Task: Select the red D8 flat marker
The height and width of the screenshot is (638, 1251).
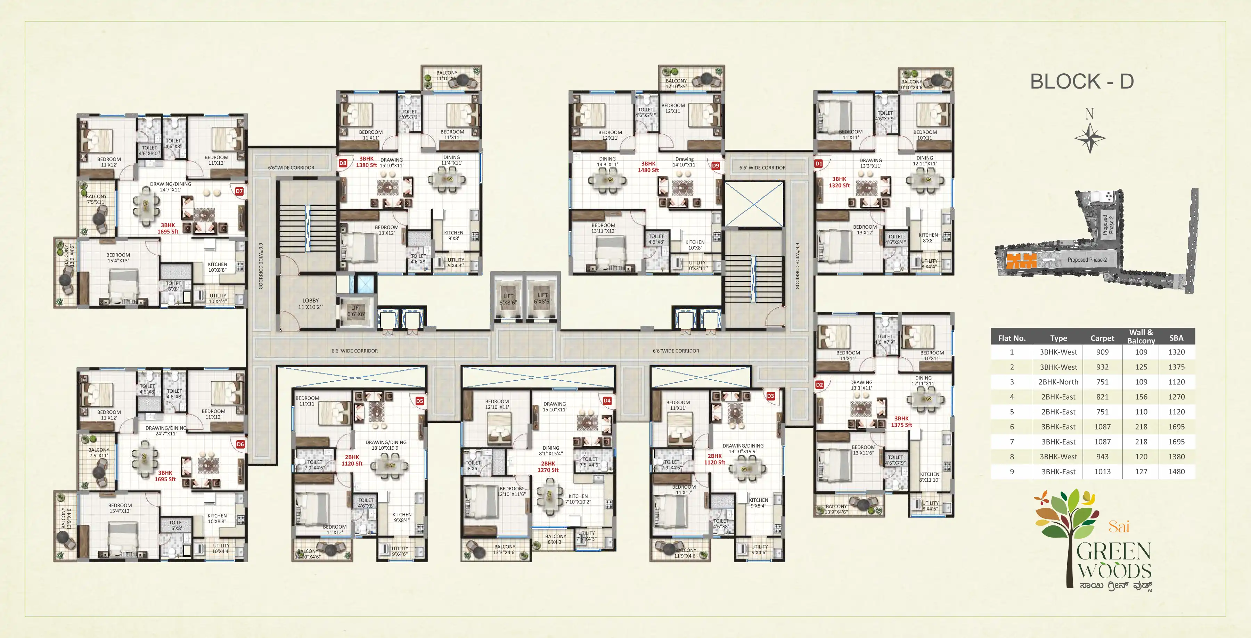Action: click(343, 163)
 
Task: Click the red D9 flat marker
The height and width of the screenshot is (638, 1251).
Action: click(716, 165)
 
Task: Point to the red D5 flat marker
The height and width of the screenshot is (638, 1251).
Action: click(419, 401)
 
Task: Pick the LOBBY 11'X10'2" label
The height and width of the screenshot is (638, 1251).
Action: click(310, 303)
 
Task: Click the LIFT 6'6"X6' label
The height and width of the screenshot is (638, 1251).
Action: click(356, 311)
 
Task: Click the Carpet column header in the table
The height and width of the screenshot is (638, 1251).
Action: click(1102, 338)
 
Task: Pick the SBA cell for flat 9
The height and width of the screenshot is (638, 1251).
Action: click(1176, 472)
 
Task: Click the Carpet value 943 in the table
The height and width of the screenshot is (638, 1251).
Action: click(1102, 456)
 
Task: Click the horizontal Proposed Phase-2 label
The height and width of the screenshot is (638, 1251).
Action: click(1087, 260)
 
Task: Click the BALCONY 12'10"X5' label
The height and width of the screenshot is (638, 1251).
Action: click(676, 83)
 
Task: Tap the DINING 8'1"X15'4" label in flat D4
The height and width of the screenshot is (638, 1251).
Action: click(551, 451)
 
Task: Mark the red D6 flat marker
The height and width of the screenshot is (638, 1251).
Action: click(240, 444)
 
